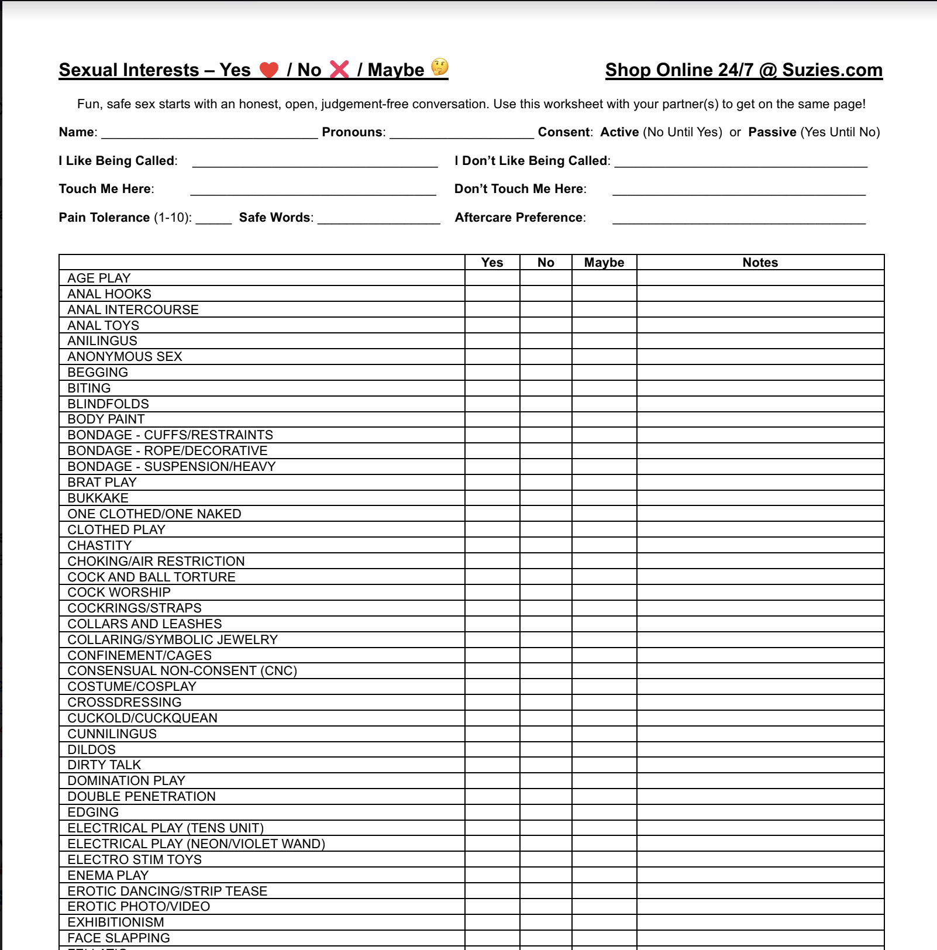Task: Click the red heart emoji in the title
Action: pyautogui.click(x=269, y=70)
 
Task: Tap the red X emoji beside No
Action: pyautogui.click(x=339, y=70)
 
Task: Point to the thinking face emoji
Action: pyautogui.click(x=439, y=67)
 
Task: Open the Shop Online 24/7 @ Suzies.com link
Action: pyautogui.click(x=743, y=70)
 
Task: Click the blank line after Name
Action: pyautogui.click(x=209, y=133)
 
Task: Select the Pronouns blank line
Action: pyautogui.click(x=461, y=133)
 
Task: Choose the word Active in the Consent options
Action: pyautogui.click(x=619, y=132)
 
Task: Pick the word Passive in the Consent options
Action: pyautogui.click(x=772, y=132)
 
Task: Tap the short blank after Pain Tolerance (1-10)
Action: pyautogui.click(x=213, y=219)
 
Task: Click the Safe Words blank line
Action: pyautogui.click(x=378, y=219)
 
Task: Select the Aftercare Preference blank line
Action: pyautogui.click(x=739, y=219)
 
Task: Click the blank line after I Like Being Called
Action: pyautogui.click(x=315, y=162)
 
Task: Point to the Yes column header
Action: pyautogui.click(x=492, y=263)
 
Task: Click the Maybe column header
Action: pyautogui.click(x=604, y=263)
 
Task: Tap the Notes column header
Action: pyautogui.click(x=760, y=263)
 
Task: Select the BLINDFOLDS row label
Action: pyautogui.click(x=108, y=404)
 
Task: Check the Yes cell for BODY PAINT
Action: pyautogui.click(x=492, y=419)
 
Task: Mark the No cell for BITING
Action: pyautogui.click(x=545, y=388)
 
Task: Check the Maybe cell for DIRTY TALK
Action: pyautogui.click(x=604, y=765)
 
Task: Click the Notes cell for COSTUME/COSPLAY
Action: pyautogui.click(x=760, y=686)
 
